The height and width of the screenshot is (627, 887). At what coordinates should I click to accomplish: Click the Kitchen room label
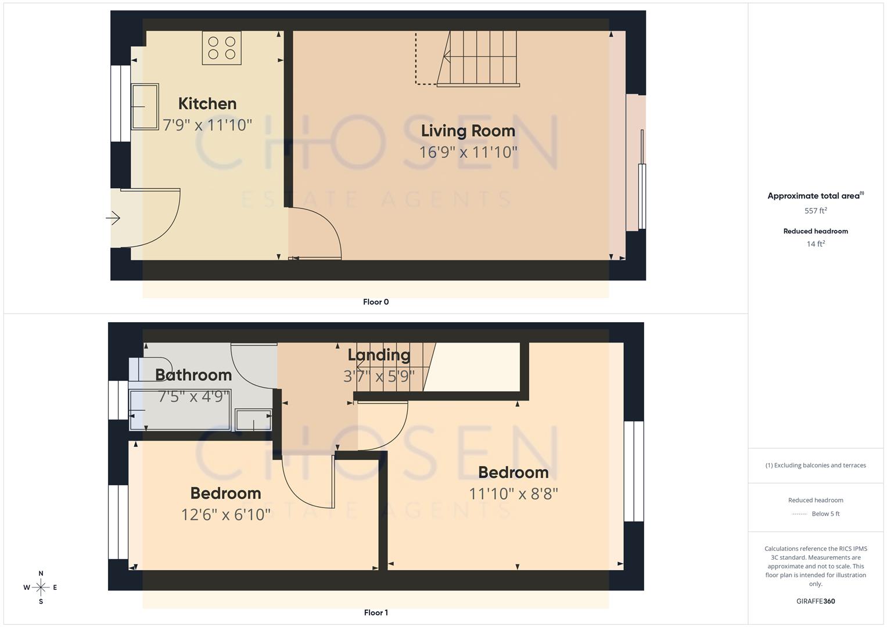click(207, 104)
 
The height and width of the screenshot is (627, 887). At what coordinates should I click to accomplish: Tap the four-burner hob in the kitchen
click(221, 48)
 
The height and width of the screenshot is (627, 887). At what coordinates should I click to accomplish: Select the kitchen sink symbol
click(145, 106)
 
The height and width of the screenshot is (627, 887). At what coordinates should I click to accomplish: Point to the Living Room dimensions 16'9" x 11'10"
click(468, 152)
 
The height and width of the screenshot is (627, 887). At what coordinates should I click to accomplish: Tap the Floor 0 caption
click(376, 302)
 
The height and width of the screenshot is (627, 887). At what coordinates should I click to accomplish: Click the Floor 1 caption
click(376, 612)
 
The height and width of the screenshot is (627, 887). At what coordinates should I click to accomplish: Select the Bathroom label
click(193, 375)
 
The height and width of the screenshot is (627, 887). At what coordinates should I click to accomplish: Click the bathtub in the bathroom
click(180, 410)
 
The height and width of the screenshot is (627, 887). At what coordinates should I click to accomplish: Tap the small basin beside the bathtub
click(253, 420)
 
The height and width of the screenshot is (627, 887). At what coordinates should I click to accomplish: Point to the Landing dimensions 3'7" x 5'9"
click(379, 376)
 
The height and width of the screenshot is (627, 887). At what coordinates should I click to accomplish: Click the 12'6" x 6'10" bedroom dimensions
click(225, 514)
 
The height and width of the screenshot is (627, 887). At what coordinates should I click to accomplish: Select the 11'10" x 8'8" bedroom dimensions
click(513, 493)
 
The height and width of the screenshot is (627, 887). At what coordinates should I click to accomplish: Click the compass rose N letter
click(41, 574)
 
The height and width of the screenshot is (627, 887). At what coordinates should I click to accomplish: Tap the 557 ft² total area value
click(816, 211)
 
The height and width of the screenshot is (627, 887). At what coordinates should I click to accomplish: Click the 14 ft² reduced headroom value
click(816, 244)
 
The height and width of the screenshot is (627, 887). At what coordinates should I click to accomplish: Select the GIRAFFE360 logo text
click(816, 601)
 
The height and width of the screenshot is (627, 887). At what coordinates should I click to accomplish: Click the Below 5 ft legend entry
click(825, 514)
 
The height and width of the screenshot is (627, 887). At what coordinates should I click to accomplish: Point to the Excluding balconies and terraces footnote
click(816, 466)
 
